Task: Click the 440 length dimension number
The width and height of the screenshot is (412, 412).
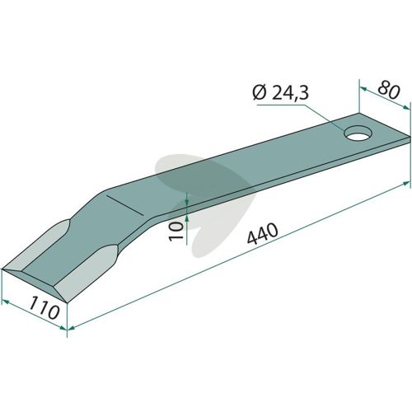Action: point(262,234)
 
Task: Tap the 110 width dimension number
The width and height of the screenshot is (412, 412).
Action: point(44,307)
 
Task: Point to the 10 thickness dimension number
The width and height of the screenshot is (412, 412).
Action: point(176,231)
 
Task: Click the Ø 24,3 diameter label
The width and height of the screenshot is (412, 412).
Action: point(280,93)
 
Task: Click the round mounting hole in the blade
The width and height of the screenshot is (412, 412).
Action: point(358,133)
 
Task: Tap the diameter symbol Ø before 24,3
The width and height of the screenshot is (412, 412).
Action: point(259,94)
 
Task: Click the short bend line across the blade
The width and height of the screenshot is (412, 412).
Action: point(124,205)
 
